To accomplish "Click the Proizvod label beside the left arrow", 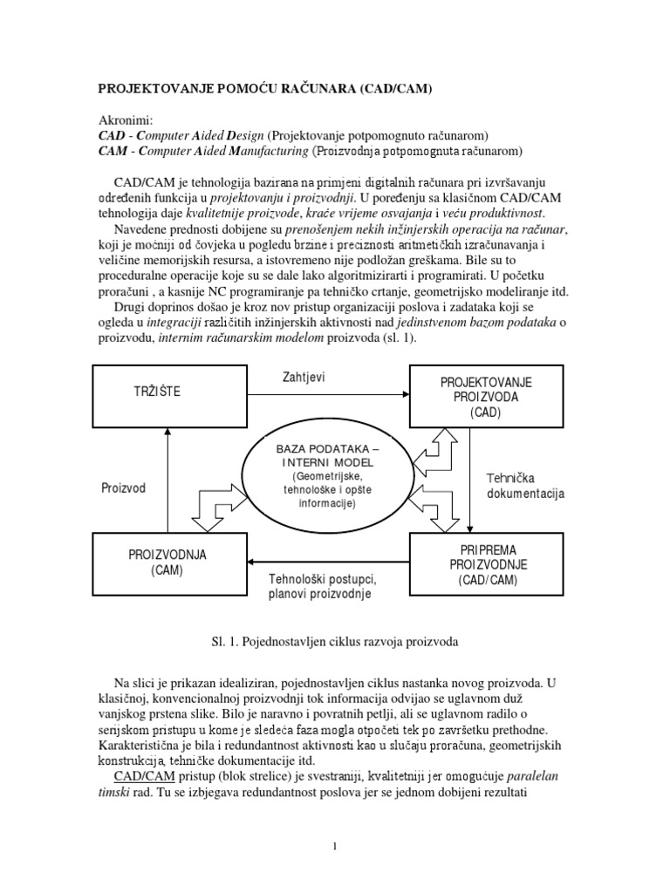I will point(124,487).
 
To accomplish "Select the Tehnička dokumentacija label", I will point(525,486).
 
